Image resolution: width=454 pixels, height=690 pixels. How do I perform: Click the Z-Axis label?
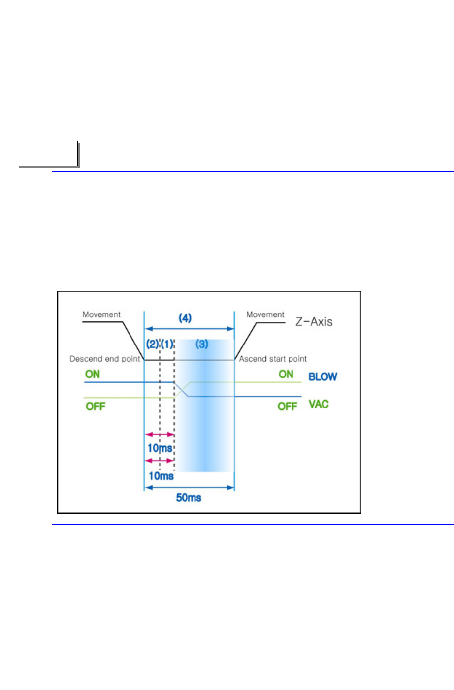[x=313, y=322]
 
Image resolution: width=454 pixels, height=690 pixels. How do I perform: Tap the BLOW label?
[x=323, y=377]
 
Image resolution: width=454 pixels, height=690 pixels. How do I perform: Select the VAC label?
[x=319, y=404]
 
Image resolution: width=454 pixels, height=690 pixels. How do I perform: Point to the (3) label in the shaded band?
[x=202, y=345]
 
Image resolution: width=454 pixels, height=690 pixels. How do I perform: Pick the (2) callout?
[x=152, y=345]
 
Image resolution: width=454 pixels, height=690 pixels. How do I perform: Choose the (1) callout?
[x=167, y=345]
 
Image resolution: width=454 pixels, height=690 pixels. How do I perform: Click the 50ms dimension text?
[x=189, y=498]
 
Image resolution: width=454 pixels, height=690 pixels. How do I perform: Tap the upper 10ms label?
[x=160, y=448]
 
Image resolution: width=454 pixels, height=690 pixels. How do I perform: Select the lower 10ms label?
[x=160, y=476]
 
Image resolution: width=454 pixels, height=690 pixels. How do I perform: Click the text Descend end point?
[x=105, y=359]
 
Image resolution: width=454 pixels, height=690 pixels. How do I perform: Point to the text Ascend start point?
[x=273, y=359]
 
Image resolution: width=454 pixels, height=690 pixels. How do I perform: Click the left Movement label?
[x=101, y=314]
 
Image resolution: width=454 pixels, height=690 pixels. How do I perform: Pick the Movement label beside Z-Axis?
[x=265, y=314]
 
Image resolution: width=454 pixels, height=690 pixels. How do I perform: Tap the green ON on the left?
[x=93, y=374]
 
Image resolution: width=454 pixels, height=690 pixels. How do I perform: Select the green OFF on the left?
[x=96, y=407]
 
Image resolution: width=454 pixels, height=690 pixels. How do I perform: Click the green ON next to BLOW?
[x=286, y=374]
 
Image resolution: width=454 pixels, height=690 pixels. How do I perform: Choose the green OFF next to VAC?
[x=288, y=407]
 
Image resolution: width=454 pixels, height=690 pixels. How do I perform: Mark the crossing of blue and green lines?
[x=182, y=389]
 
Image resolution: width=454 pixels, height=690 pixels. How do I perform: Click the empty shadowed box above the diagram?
[x=47, y=154]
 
